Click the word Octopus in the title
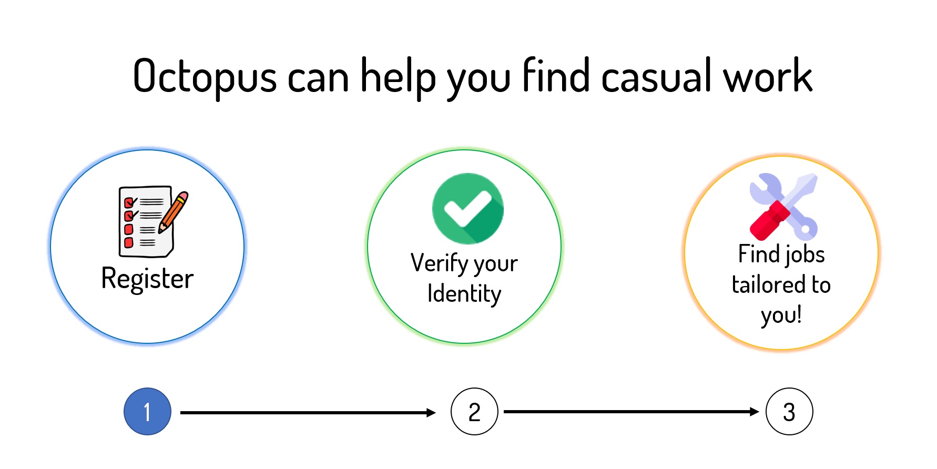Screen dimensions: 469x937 coord(205,77)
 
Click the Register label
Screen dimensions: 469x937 coord(147,279)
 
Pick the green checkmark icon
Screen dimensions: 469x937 coord(467,209)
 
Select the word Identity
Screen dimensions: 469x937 coord(464,293)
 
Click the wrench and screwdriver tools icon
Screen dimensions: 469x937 coord(783,207)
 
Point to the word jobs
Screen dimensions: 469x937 coord(805,254)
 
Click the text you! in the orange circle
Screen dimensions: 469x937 coord(781,315)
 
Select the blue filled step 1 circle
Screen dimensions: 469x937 coord(147,412)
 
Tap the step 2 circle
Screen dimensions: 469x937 coord(474,412)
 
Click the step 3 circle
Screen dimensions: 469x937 coord(789,412)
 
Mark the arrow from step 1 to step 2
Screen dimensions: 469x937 coord(308,413)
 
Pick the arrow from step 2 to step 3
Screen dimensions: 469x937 coord(631,412)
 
